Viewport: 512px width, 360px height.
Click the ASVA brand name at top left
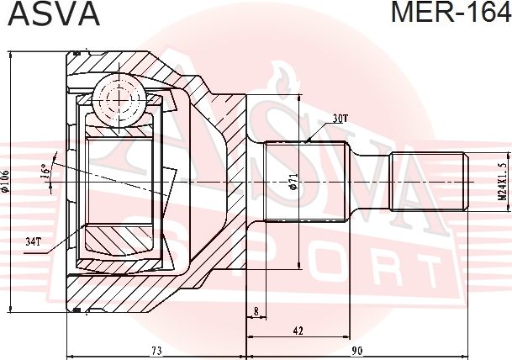click(x=53, y=13)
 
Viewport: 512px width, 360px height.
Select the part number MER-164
click(x=451, y=13)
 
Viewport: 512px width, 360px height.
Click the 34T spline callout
click(x=33, y=242)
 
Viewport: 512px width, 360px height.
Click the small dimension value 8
click(x=255, y=311)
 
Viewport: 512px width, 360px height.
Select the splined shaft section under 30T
click(x=306, y=183)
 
